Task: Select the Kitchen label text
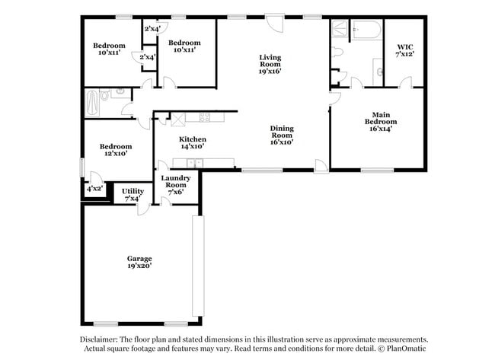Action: point(192,139)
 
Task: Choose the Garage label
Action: point(139,258)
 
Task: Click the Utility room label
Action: point(133,191)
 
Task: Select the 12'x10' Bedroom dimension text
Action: point(115,153)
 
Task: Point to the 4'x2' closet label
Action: point(94,188)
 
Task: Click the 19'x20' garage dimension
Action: point(139,266)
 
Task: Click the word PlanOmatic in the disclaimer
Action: point(408,351)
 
